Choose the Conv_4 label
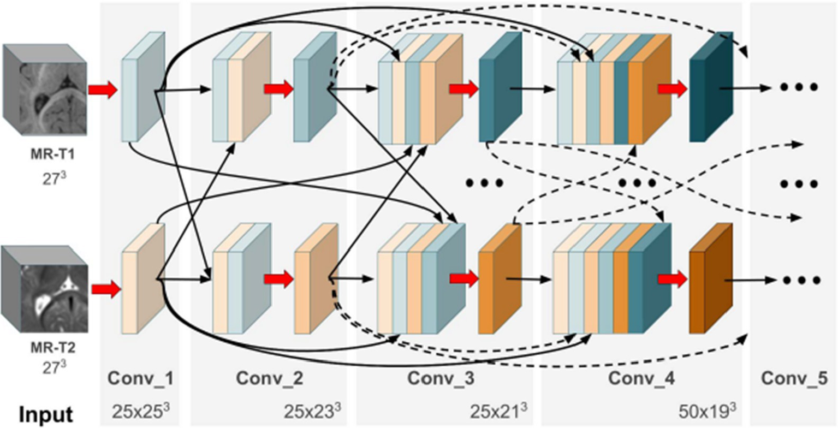tap(640, 378)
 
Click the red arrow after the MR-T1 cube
tap(103, 90)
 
